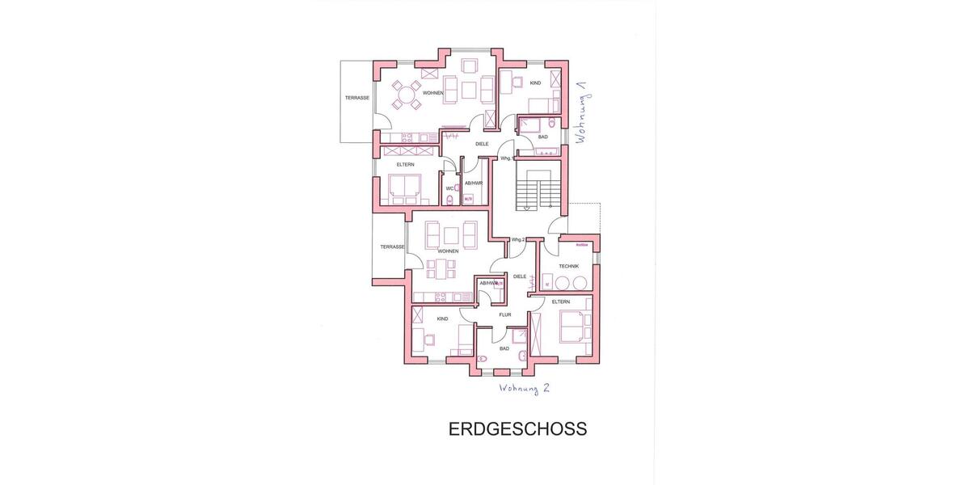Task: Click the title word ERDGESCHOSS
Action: pos(517,429)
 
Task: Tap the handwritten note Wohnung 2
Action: pos(525,388)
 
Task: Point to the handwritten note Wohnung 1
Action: pos(580,113)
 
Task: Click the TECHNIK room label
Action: pos(568,266)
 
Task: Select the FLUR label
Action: pos(504,314)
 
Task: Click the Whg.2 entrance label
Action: pos(518,240)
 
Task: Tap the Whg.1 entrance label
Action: pos(506,158)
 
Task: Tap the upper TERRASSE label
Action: pos(356,98)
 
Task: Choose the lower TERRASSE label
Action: pos(392,247)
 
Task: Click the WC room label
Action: pos(449,189)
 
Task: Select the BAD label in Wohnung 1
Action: pos(542,137)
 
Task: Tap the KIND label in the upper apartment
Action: pos(534,83)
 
